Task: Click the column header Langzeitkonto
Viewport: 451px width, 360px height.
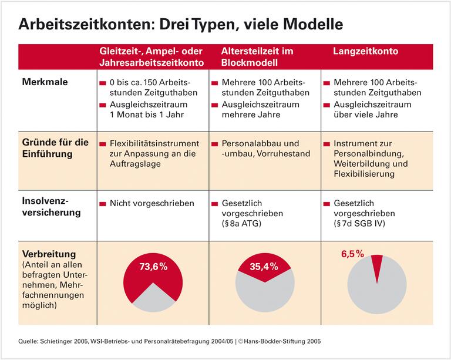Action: (365, 52)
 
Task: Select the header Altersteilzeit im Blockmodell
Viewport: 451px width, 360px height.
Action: (257, 57)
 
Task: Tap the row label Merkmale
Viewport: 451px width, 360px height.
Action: (45, 82)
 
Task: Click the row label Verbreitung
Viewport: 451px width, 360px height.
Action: (49, 254)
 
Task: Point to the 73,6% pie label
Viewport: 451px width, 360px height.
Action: (153, 267)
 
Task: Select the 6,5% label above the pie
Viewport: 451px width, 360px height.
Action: (352, 254)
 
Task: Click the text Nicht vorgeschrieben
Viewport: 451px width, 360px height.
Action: (152, 203)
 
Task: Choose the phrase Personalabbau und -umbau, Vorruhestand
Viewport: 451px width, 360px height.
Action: (260, 149)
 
